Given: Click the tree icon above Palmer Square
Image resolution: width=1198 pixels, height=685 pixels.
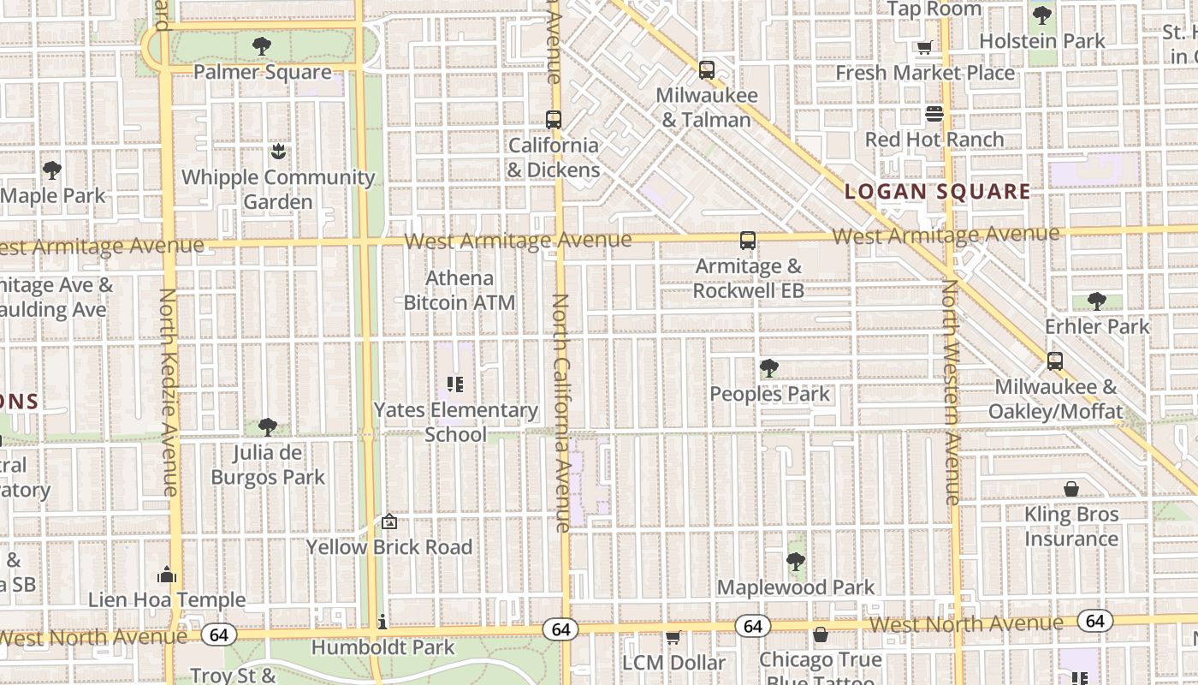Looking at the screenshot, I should (262, 46).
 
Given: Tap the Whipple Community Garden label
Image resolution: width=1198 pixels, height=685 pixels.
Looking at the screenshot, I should (278, 189).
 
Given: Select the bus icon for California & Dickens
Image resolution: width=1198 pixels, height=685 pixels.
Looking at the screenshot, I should (553, 120).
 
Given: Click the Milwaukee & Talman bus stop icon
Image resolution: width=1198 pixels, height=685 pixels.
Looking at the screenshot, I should (706, 70).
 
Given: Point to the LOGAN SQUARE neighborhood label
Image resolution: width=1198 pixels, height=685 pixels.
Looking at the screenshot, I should (937, 192).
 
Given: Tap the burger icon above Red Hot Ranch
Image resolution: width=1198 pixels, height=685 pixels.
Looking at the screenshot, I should (934, 114).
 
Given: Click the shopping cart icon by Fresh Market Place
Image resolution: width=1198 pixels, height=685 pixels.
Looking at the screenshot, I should (924, 48).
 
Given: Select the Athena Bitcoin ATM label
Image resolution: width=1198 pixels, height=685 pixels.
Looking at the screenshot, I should (460, 290).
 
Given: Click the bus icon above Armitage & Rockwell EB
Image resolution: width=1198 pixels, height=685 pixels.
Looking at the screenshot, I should (747, 241).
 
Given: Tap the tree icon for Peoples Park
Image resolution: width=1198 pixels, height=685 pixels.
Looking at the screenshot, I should (768, 368).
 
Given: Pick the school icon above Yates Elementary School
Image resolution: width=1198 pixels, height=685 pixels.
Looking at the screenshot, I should (455, 384).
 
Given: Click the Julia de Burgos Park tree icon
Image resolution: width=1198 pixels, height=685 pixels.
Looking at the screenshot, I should (268, 426).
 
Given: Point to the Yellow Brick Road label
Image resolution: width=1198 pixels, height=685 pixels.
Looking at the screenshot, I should (389, 547).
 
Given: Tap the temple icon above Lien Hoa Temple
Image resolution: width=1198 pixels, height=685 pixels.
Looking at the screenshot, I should (167, 574).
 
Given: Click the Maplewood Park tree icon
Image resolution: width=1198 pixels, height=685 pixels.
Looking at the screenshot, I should (795, 562).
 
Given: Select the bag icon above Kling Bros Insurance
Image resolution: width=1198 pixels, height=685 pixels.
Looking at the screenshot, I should (1070, 489).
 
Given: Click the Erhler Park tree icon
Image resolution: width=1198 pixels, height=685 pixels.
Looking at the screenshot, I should (1096, 301).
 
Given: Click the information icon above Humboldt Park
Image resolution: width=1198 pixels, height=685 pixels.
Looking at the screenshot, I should (382, 621).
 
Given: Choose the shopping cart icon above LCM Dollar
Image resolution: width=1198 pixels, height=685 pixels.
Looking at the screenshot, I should (673, 637).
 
